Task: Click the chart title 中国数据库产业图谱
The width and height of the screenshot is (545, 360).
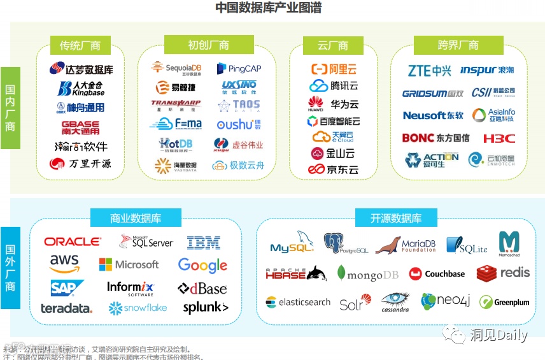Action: (x=268, y=8)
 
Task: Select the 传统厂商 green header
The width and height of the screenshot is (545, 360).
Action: (x=80, y=45)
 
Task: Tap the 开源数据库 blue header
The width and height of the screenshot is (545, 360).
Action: (x=395, y=218)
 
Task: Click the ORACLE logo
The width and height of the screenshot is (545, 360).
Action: (x=73, y=242)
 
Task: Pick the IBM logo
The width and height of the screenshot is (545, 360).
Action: (x=204, y=243)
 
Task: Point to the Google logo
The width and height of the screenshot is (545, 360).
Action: (x=202, y=265)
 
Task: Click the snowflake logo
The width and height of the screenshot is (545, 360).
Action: (x=138, y=308)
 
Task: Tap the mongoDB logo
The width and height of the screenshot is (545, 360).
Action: (x=368, y=274)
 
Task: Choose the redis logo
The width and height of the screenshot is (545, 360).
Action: (x=503, y=273)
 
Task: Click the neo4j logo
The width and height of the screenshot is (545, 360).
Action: (x=446, y=301)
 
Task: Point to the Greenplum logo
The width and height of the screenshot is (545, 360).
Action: (x=504, y=302)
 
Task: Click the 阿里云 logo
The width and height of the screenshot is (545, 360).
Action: (x=334, y=69)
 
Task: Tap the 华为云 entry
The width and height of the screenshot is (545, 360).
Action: (x=334, y=103)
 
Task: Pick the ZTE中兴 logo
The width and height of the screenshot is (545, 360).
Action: (x=430, y=71)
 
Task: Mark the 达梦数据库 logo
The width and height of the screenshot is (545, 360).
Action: (x=81, y=69)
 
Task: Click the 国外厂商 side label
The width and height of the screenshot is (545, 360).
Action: (x=10, y=268)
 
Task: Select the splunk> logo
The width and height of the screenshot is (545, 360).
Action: (x=205, y=308)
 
